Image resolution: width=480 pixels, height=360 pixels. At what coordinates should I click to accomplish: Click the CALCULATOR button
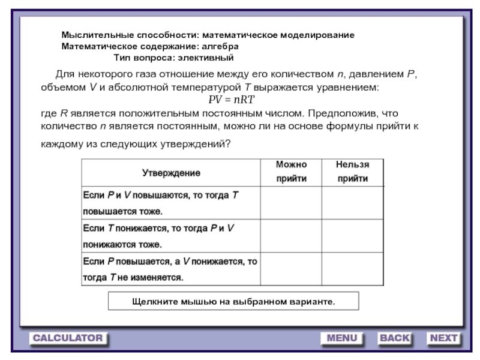(68, 338)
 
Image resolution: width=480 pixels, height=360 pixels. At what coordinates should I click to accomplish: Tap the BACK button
(394, 338)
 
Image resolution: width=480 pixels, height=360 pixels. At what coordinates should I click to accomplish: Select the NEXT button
(443, 338)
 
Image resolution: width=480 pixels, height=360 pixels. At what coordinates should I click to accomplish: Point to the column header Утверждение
(171, 173)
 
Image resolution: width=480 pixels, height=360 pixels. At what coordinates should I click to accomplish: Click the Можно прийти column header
(291, 172)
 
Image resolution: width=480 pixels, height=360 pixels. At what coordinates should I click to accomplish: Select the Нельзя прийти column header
(352, 172)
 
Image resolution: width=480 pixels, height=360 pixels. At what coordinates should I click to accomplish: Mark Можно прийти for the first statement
(291, 203)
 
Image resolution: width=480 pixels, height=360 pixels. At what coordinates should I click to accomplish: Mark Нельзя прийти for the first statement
(352, 203)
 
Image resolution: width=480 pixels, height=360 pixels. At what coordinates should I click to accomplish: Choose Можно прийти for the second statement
(291, 236)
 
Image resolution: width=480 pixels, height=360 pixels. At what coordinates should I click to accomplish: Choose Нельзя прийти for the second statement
(352, 236)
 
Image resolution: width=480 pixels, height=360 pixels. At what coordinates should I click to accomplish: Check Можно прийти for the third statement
(291, 269)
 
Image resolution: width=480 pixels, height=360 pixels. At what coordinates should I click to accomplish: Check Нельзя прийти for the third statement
(352, 269)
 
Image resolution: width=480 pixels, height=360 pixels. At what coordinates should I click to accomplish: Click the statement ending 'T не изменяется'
(170, 269)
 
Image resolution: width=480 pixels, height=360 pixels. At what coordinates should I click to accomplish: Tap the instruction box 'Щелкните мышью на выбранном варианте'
(233, 301)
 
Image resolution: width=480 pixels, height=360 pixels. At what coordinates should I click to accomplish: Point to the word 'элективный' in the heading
(202, 58)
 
